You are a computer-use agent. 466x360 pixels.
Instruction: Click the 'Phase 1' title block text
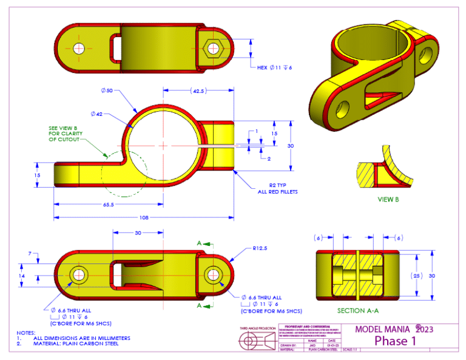pyautogui.click(x=395, y=341)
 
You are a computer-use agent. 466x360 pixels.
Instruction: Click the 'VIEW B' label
pyautogui.click(x=386, y=199)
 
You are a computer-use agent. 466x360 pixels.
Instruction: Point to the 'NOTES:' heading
pyautogui.click(x=26, y=333)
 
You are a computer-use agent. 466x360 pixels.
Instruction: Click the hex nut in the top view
pyautogui.click(x=214, y=48)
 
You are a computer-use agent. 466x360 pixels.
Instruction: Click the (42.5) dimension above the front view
pyautogui.click(x=197, y=91)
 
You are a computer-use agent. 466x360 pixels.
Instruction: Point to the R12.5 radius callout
pyautogui.click(x=260, y=248)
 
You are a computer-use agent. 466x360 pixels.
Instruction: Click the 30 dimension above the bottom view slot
pyautogui.click(x=138, y=233)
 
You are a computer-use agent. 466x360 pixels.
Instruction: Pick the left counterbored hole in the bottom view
pyautogui.click(x=79, y=274)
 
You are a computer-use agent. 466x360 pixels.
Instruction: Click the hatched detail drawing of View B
pyautogui.click(x=385, y=171)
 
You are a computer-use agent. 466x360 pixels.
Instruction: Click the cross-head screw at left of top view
pyautogui.click(x=79, y=48)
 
